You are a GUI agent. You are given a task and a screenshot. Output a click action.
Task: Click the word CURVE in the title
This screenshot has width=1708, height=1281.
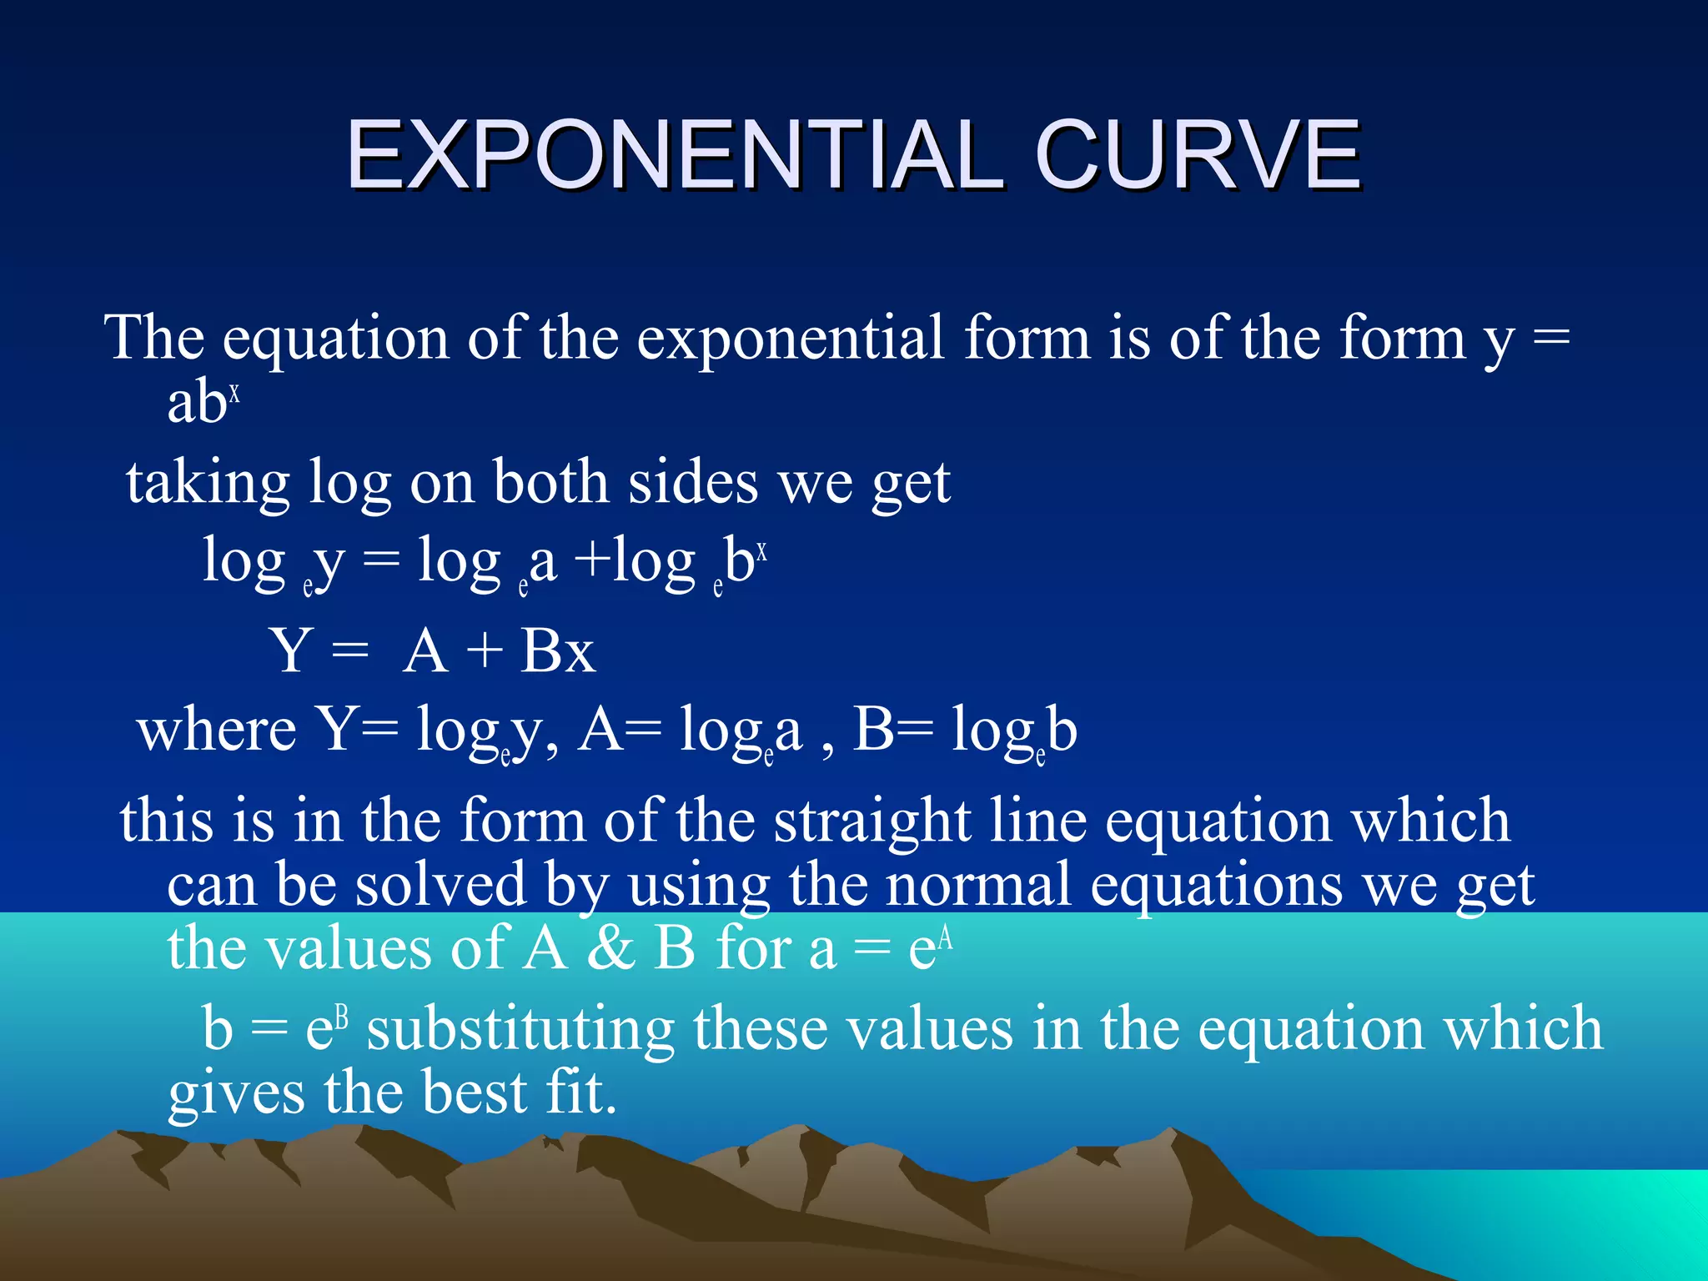point(1197,156)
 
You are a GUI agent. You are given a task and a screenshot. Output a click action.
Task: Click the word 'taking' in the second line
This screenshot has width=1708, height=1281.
point(208,485)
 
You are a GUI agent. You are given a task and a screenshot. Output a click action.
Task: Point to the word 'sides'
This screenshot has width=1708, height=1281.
point(692,483)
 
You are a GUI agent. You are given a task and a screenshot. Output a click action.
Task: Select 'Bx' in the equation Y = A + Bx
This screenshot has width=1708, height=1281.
point(557,651)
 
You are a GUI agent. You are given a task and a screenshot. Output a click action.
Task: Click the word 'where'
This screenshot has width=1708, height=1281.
point(217,731)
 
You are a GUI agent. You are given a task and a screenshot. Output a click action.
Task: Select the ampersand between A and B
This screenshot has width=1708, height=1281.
point(610,949)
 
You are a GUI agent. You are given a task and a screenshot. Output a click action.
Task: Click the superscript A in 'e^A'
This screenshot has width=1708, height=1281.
point(945,938)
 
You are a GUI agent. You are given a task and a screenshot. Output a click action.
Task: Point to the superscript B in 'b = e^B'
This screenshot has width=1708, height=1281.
point(341,1018)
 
